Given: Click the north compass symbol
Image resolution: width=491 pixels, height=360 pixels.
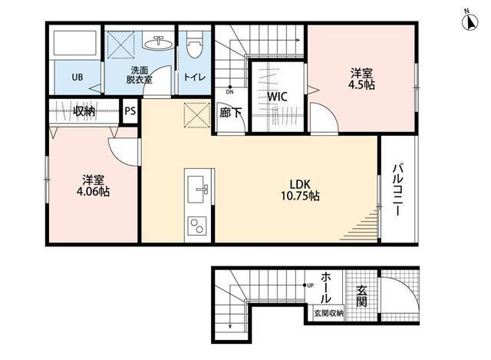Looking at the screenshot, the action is click(x=470, y=21).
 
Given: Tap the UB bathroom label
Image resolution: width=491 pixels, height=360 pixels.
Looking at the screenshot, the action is click(x=77, y=77).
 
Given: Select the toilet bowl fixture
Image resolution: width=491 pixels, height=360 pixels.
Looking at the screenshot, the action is click(x=194, y=44).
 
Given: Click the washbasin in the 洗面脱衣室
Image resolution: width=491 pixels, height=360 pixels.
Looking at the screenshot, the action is click(x=159, y=43).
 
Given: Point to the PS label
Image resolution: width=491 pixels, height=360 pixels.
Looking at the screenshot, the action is click(x=130, y=111).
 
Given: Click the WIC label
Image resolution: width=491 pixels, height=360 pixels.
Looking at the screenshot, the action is click(x=277, y=97).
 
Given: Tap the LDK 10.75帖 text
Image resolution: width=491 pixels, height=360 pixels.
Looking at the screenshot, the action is click(x=300, y=190).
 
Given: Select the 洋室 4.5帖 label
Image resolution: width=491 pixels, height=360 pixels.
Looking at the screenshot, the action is click(x=361, y=79).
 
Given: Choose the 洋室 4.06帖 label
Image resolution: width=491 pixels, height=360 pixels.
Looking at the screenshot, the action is click(x=93, y=186).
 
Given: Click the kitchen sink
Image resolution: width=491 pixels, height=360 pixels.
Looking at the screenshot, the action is click(x=198, y=189).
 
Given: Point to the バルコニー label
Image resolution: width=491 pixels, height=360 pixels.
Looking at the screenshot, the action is click(x=397, y=190).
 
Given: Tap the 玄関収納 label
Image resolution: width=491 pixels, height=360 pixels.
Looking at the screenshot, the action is click(x=328, y=313).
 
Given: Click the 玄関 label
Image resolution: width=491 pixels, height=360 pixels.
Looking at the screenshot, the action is click(x=361, y=296).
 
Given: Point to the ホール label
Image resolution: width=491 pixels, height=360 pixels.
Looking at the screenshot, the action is click(x=326, y=288).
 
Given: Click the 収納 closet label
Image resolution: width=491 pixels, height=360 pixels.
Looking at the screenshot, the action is click(x=84, y=111).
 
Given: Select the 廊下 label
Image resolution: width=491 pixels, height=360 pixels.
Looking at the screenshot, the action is click(x=230, y=113).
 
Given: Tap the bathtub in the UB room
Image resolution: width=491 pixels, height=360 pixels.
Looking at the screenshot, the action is click(x=74, y=43).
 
